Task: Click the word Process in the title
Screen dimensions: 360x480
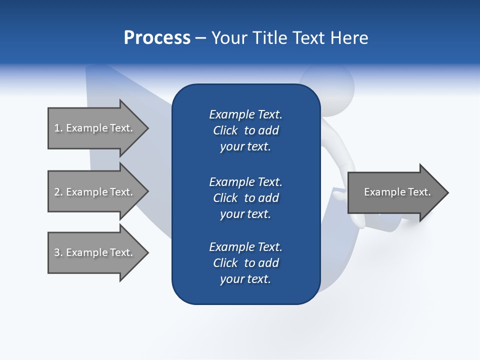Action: click(157, 38)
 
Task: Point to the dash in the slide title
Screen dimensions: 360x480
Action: click(200, 38)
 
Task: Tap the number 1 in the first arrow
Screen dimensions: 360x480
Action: click(57, 128)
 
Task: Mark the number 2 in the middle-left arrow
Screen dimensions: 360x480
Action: click(57, 192)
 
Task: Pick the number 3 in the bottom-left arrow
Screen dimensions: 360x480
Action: click(57, 252)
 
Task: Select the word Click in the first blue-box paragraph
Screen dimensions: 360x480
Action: click(225, 130)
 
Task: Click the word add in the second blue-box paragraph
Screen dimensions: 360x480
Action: click(269, 198)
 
